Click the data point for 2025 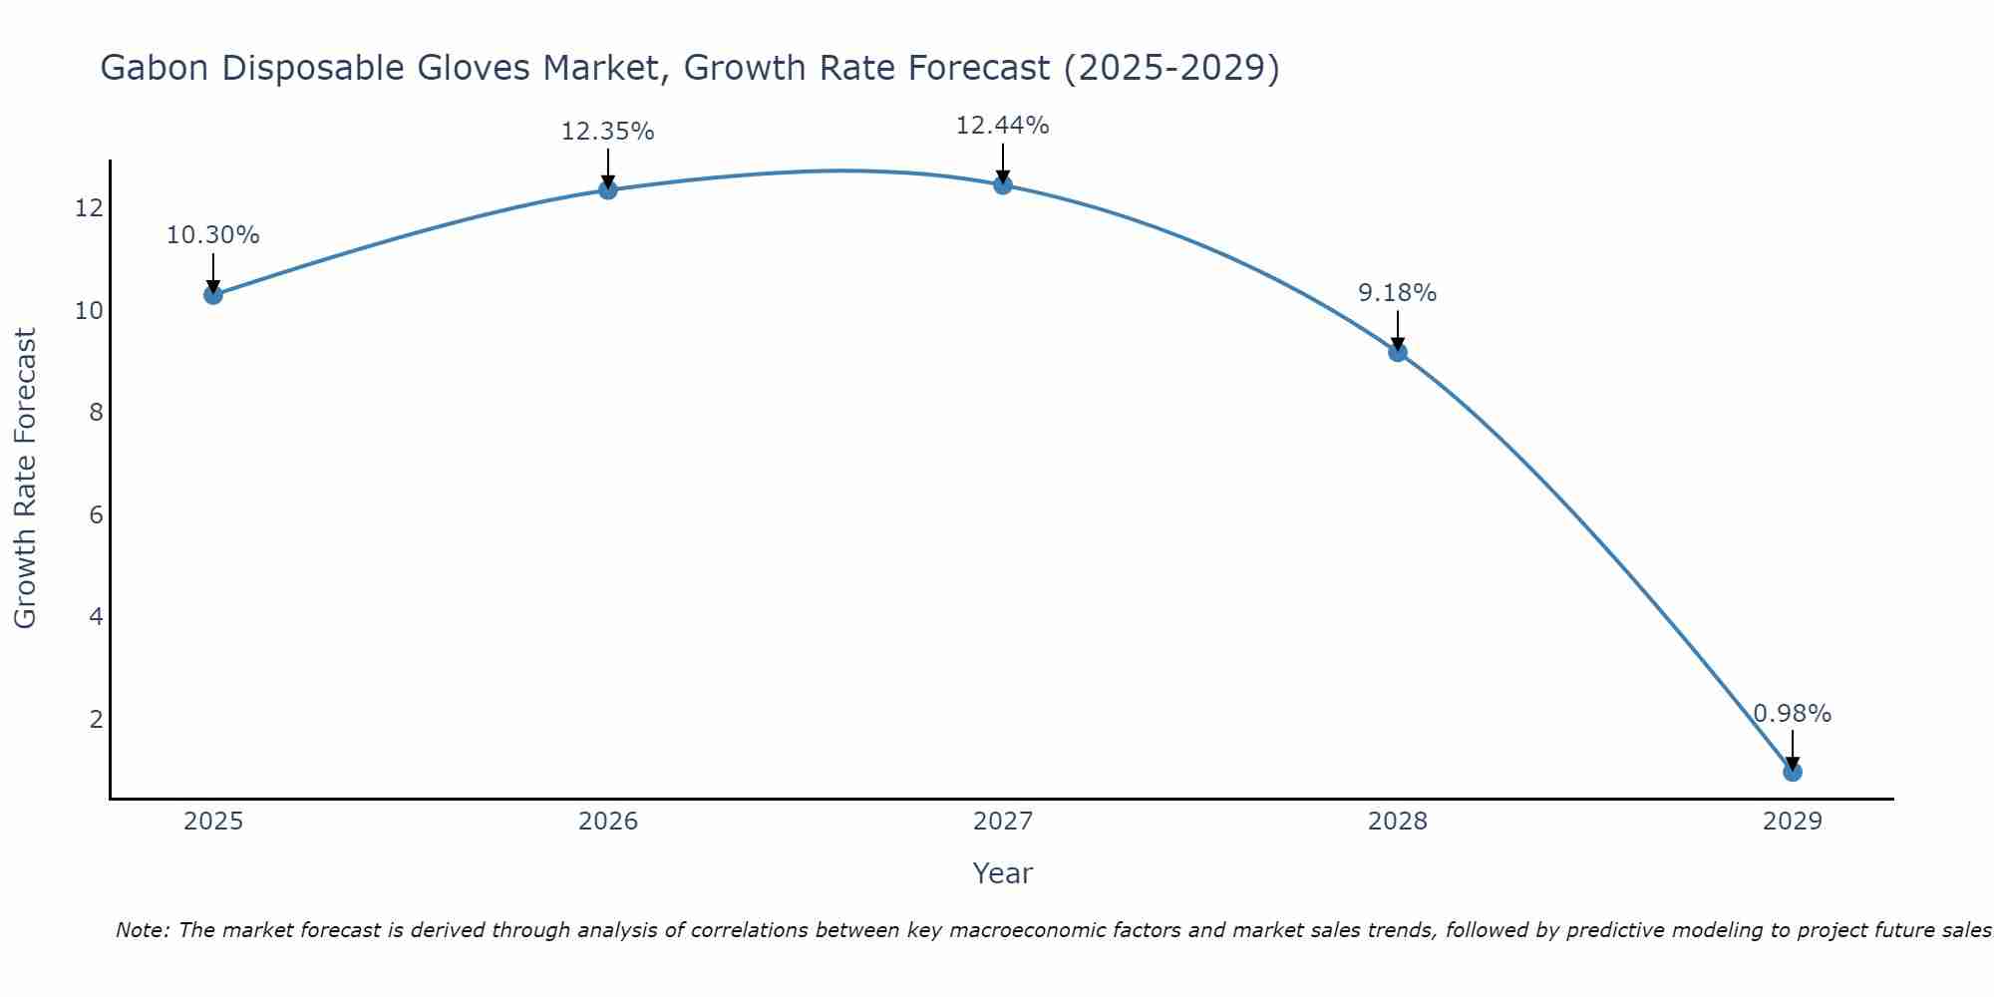tap(212, 294)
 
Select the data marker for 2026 tap(607, 189)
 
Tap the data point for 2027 tap(1002, 184)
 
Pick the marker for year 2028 tap(1397, 352)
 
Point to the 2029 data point tap(1792, 772)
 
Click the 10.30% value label tap(212, 235)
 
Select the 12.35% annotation tap(607, 132)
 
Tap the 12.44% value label tap(1002, 126)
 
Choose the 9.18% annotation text tap(1397, 293)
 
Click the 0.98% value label tap(1792, 714)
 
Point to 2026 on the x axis tap(607, 822)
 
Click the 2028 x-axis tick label tap(1397, 822)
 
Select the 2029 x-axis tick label tap(1792, 822)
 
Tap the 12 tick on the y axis tap(88, 208)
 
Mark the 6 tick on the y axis tap(96, 515)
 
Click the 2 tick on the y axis tap(96, 720)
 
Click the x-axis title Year tap(1002, 873)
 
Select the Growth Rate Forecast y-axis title tap(26, 479)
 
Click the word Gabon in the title tap(154, 69)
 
